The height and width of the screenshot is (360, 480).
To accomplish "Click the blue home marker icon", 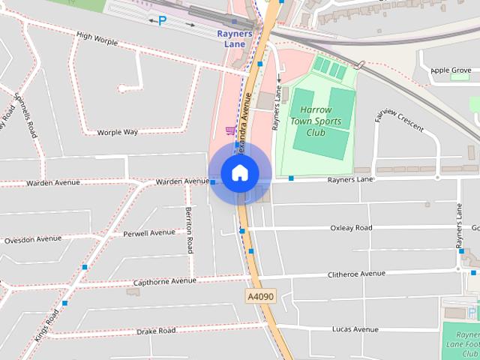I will [239, 172].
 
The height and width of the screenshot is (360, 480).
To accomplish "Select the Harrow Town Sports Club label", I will [316, 121].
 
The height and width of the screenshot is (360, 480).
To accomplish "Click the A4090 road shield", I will [261, 297].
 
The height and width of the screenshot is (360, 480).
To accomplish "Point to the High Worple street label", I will [97, 38].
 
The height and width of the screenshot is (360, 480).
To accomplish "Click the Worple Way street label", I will [118, 132].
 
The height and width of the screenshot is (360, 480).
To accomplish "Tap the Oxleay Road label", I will [351, 228].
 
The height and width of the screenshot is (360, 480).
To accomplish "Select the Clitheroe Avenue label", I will [356, 274].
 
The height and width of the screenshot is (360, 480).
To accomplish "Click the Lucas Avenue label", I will [355, 329].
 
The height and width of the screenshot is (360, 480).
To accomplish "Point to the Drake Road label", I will [156, 331].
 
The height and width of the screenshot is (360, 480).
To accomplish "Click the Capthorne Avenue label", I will [164, 281].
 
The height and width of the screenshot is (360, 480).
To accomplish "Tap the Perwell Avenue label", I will [149, 233].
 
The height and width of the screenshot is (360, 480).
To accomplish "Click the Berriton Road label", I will [189, 229].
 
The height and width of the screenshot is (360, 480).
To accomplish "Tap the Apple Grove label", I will [450, 70].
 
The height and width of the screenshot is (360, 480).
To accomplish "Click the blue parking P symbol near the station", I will [162, 21].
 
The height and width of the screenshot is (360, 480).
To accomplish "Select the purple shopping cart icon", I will [229, 130].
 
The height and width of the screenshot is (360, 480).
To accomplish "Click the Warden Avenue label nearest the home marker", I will [181, 181].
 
